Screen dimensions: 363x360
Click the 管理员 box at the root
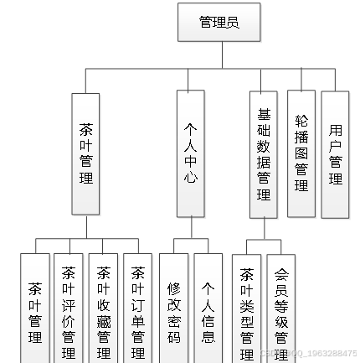point(219,23)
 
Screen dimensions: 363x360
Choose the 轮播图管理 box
point(301,153)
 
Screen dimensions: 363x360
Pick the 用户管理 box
point(336,153)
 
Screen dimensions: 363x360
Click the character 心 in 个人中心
point(191,177)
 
